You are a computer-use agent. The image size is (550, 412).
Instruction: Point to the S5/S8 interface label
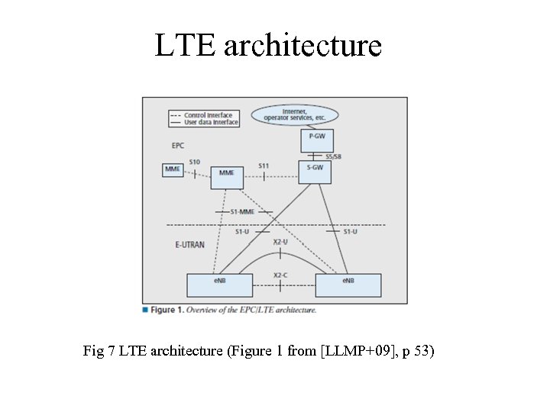pos(333,156)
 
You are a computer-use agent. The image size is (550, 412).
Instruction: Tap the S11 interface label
pos(264,166)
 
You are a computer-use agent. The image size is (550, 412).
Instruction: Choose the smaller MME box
pos(173,169)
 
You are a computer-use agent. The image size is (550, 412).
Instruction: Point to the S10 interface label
pos(194,162)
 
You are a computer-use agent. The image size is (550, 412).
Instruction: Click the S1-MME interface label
pos(242,211)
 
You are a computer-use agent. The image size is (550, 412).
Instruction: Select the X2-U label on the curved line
pos(280,242)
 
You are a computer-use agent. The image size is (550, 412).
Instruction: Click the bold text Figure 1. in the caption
pos(167,310)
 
